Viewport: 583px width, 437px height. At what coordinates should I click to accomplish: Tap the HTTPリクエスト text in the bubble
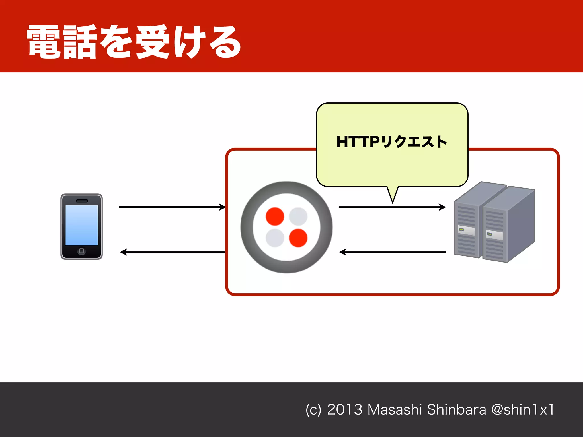391,142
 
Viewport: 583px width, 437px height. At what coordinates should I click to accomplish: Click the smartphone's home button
81,251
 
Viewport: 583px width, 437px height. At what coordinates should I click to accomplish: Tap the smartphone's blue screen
82,225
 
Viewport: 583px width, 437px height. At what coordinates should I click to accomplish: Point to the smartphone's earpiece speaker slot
82,201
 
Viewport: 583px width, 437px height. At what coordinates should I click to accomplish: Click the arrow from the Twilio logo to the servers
392,207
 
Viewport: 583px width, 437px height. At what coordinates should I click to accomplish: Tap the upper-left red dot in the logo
275,217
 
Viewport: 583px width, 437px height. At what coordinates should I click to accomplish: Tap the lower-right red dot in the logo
298,238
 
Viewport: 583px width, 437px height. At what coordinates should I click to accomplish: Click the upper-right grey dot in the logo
298,217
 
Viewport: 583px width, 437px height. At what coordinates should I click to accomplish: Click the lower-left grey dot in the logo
275,238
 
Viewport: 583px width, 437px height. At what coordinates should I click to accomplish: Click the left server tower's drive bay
466,230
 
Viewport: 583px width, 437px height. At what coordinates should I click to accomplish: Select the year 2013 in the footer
344,410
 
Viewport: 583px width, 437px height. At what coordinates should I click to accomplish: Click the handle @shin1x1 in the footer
523,410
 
